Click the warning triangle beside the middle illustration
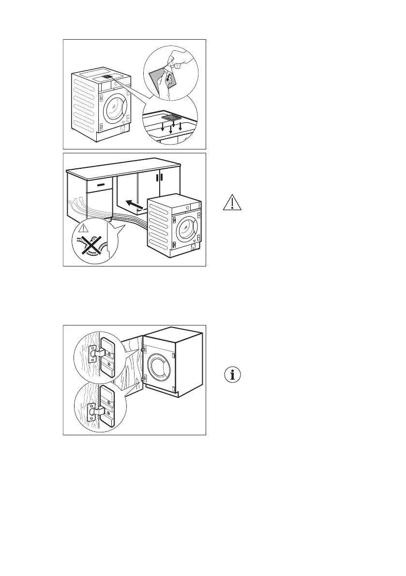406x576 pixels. click(233, 203)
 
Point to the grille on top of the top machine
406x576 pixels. click(107, 77)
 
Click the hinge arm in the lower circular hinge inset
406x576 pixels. click(98, 411)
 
